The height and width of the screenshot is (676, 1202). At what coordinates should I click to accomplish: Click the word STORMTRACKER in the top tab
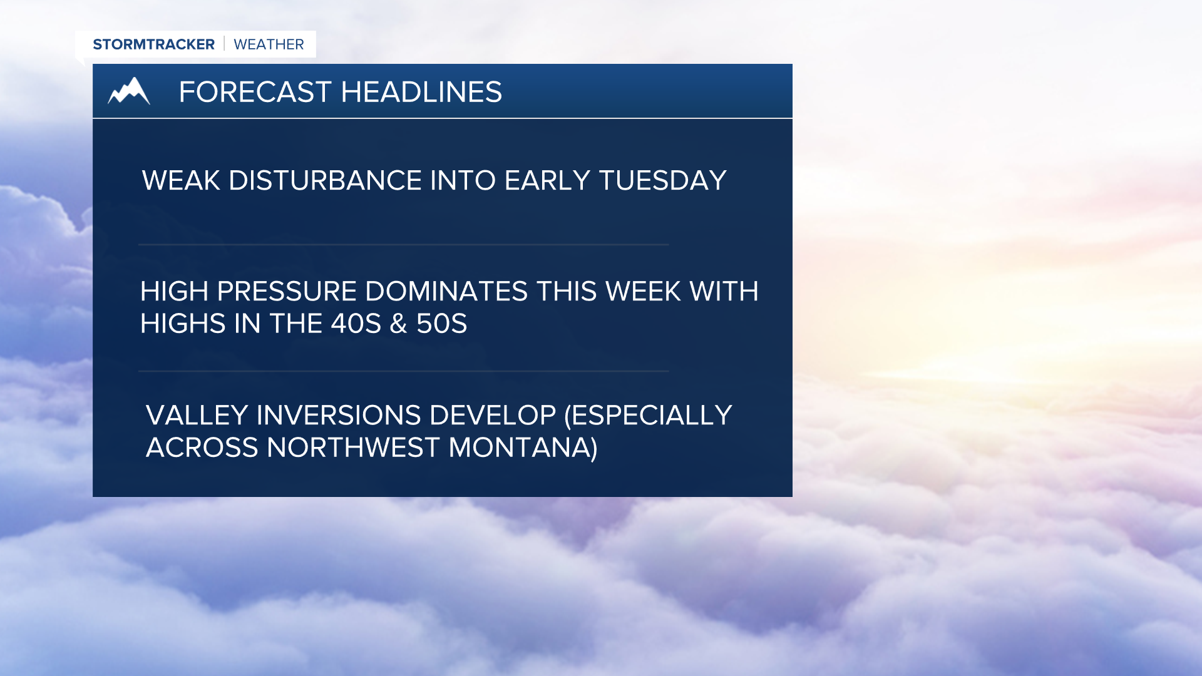coord(153,44)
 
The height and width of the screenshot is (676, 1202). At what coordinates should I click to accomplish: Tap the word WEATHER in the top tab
coord(269,44)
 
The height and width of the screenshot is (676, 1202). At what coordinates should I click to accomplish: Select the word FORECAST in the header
coord(255,92)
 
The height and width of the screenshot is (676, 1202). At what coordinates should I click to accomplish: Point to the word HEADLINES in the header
coord(421,92)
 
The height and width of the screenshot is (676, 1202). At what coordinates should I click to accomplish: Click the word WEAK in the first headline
coord(181,181)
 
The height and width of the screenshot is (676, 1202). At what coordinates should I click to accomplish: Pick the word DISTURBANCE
coord(325,181)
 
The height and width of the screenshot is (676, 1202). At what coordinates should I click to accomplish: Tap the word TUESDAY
coord(662,181)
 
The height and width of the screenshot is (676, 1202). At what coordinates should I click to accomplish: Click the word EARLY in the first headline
coord(547,181)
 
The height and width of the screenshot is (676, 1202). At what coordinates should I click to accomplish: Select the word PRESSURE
coord(287,292)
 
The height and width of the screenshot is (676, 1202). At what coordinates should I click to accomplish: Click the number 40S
coord(356,324)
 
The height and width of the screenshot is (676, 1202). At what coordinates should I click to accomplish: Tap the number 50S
coord(441,324)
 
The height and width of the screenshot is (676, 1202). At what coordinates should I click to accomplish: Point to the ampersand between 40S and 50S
coord(398,324)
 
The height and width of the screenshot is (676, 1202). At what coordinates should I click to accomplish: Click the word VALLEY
coord(197,416)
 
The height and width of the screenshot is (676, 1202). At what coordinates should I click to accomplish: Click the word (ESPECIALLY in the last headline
coord(648,416)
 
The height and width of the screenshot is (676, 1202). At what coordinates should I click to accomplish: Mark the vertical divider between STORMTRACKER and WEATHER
coord(224,44)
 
